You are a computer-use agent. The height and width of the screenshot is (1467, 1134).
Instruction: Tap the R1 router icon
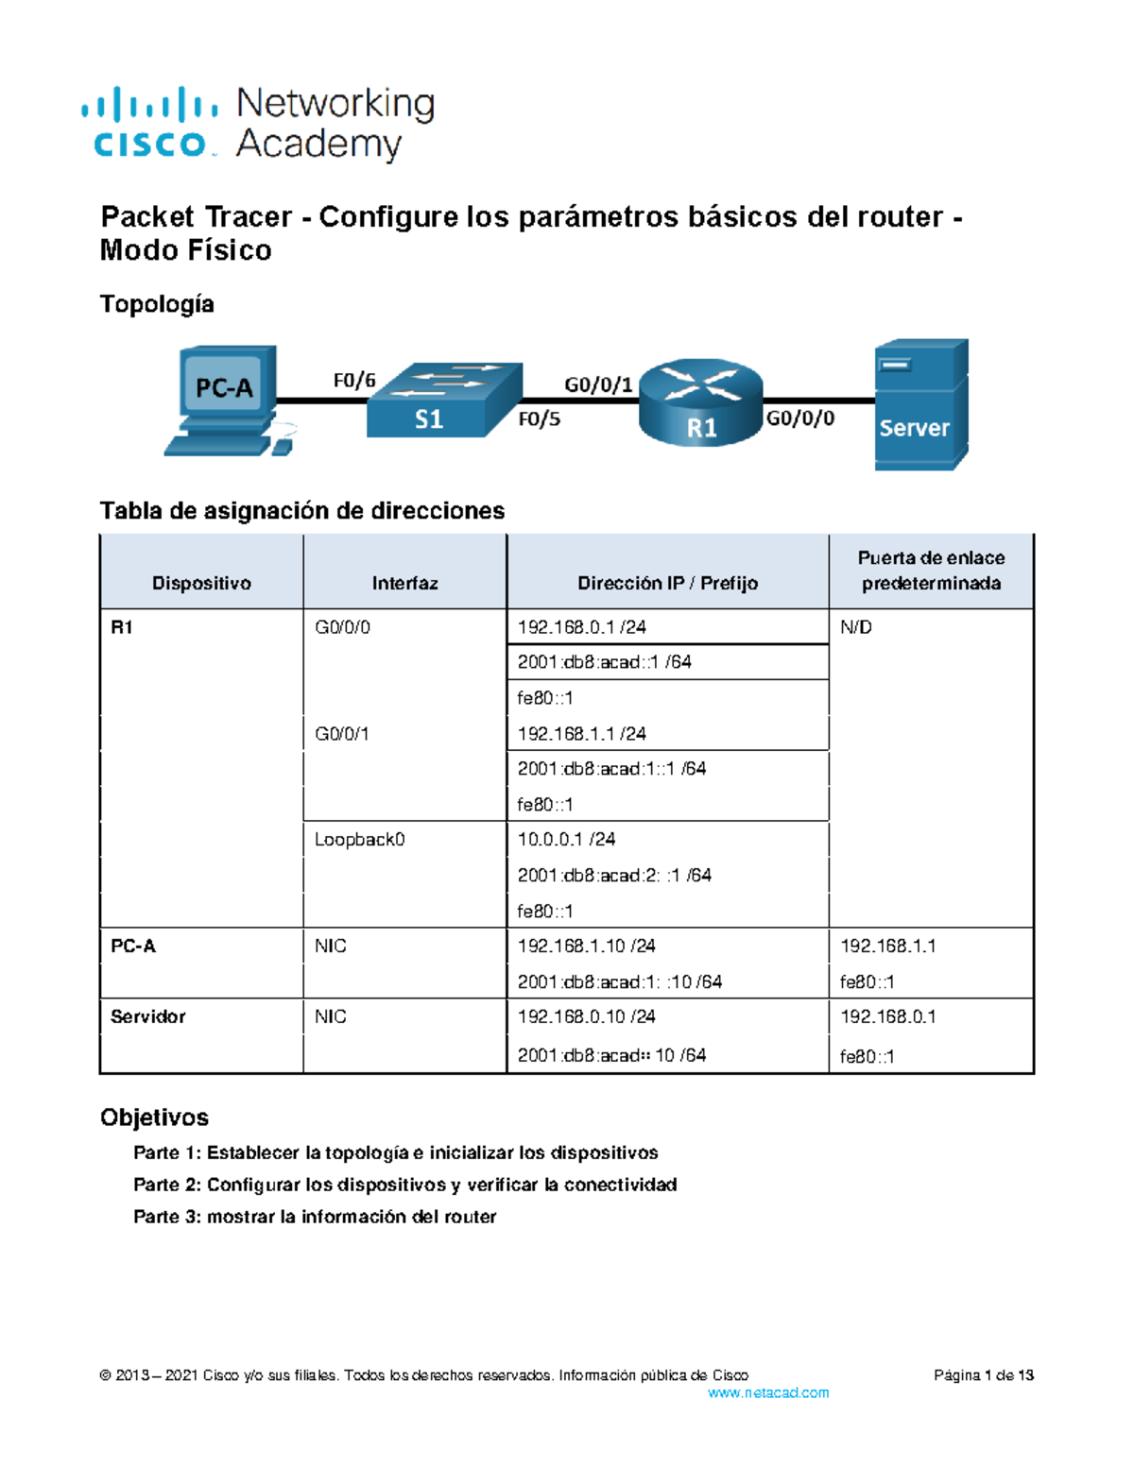[x=700, y=402]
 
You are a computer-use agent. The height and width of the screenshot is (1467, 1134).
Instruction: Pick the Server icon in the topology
[x=920, y=404]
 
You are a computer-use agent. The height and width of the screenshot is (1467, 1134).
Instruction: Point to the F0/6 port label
[x=354, y=381]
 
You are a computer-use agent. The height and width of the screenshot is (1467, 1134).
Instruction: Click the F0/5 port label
[x=539, y=419]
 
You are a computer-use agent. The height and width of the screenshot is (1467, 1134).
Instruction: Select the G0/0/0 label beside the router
[x=799, y=418]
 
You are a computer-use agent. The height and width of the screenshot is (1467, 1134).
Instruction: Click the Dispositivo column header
[x=201, y=583]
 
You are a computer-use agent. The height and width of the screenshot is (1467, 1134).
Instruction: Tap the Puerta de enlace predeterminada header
[x=931, y=571]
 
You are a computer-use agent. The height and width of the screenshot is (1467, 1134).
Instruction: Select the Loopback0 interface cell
[x=359, y=839]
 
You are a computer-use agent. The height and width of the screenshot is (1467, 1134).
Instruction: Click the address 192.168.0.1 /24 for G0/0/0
[x=581, y=627]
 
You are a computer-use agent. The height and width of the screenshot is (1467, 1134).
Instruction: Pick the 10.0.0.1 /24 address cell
[x=566, y=839]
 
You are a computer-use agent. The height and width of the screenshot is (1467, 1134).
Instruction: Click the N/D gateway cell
[x=856, y=627]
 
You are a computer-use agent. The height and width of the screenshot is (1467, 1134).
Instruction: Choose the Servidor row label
[x=148, y=1016]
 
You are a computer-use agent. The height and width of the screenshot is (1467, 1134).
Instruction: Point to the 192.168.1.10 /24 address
[x=586, y=946]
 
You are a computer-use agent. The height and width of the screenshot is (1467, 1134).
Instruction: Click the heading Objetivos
[x=154, y=1117]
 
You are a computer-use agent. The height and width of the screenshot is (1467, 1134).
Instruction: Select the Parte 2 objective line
[x=404, y=1185]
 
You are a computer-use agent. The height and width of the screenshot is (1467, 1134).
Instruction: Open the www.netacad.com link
[x=768, y=1392]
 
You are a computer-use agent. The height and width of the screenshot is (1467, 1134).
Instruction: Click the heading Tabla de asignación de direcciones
[x=302, y=511]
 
